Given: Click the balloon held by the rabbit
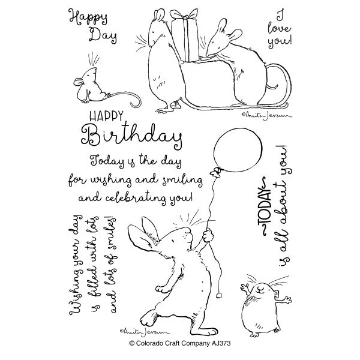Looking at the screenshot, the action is pos(238,150).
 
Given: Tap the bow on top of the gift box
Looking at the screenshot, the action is pos(184,14).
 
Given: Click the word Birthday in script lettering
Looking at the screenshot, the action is pos(132,136).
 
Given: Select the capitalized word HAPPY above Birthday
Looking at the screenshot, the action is pos(106,116).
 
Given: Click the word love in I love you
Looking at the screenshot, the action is pos(279,28).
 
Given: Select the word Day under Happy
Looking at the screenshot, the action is pos(103,35).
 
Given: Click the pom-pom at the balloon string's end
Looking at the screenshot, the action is pos(220,295).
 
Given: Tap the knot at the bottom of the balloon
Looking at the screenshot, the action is pos(217,172).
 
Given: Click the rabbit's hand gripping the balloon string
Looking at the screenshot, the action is pos(208,235).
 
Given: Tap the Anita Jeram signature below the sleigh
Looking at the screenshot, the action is pos(267,115).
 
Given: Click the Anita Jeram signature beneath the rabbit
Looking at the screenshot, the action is pos(145,331).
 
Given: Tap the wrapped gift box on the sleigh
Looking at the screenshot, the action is pos(185,40).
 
